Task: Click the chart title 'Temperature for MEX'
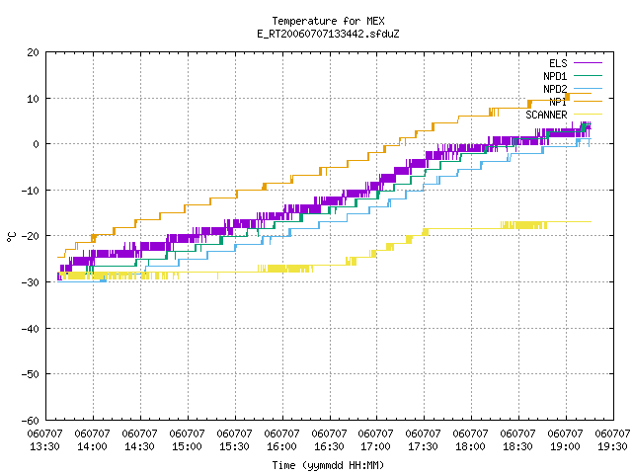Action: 328,21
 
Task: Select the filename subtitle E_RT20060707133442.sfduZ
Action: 328,34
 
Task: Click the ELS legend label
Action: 558,63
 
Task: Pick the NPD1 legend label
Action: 555,76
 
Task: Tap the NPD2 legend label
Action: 555,89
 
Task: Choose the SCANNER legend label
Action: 546,115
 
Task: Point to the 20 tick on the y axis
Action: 34,52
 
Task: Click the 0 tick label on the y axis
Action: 37,144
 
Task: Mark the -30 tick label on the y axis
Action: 31,282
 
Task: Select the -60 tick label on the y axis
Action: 31,421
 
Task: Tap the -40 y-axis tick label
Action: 31,329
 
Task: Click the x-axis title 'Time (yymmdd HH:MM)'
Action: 328,465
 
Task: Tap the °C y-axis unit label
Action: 11,237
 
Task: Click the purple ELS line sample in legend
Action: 589,63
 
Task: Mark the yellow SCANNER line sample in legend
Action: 589,115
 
